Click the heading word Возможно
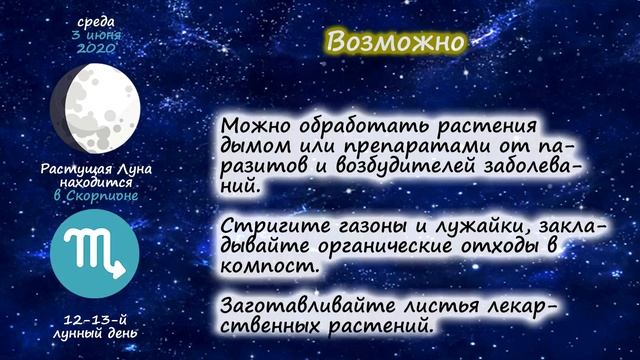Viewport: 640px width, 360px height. click(396, 43)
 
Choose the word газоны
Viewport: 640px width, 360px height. click(359, 227)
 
